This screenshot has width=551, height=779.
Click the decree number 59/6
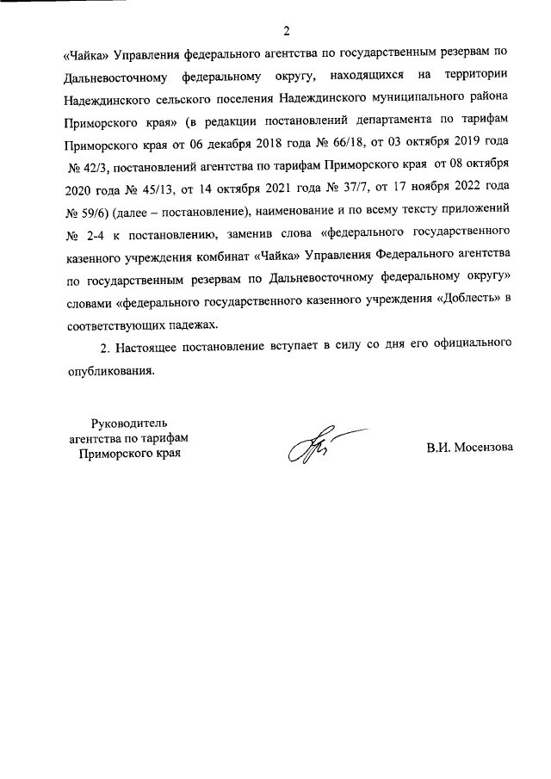pyautogui.click(x=87, y=209)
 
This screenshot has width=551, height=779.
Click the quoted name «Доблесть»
pyautogui.click(x=472, y=300)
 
